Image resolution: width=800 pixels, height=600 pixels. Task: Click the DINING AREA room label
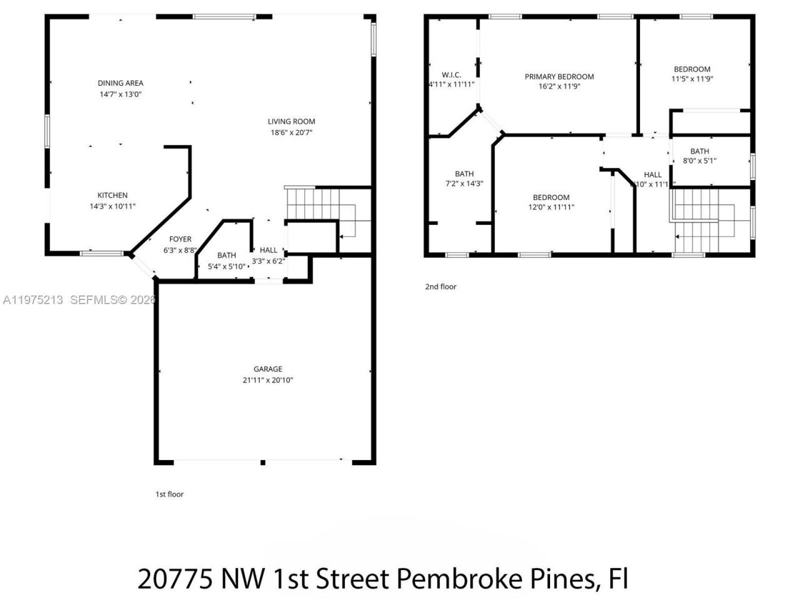(x=120, y=83)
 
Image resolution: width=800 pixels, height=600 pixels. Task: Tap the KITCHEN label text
(x=112, y=196)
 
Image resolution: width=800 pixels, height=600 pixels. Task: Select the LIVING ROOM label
(x=291, y=122)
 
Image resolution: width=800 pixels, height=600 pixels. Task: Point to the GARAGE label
(x=267, y=369)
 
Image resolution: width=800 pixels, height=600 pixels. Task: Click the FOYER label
(x=181, y=239)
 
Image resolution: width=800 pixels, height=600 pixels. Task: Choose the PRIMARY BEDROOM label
(x=559, y=77)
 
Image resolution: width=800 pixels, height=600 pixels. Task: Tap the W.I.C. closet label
(x=451, y=75)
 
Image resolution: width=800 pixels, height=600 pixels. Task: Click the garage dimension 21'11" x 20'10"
(x=267, y=380)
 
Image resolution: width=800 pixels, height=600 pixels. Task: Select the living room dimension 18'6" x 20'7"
(x=291, y=132)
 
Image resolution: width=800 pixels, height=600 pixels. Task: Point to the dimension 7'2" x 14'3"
(x=464, y=184)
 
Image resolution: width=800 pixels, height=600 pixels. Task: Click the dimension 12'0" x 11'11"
(x=551, y=207)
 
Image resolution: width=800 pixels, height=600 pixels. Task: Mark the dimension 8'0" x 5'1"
(x=699, y=161)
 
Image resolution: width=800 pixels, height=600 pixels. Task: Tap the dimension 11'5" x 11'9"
(x=692, y=79)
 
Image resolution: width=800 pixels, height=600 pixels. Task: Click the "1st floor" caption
(x=169, y=494)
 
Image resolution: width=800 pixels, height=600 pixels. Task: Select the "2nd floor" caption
(x=441, y=287)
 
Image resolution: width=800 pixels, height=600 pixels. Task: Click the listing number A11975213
(x=32, y=300)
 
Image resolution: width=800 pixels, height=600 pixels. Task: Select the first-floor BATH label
(x=226, y=256)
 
